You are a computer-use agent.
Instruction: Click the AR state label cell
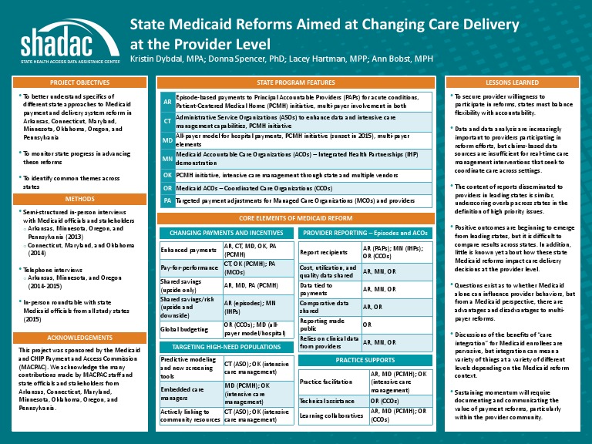(167, 102)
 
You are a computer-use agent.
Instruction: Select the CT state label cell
(167, 121)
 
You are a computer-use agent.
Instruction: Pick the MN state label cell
(167, 159)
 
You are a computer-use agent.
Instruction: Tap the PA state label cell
(167, 200)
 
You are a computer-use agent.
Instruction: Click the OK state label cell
(167, 175)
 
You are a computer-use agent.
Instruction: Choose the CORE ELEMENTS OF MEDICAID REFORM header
(295, 219)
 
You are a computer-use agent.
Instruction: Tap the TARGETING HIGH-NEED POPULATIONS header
(227, 348)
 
